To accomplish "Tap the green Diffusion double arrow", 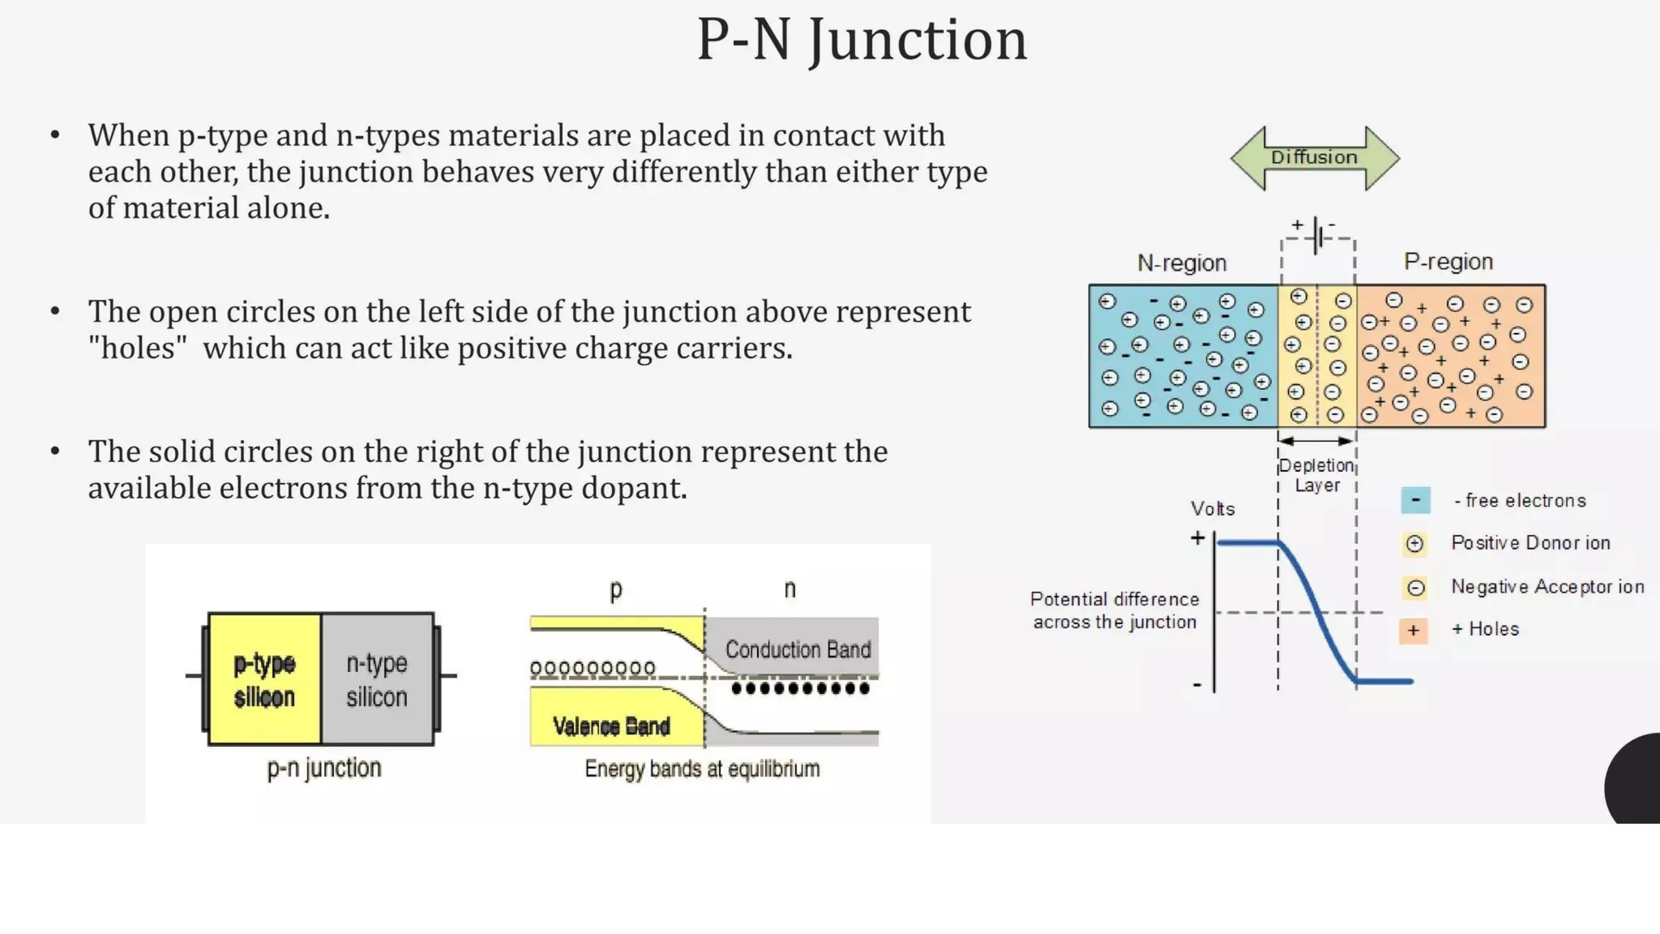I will (x=1314, y=157).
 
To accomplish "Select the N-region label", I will (x=1182, y=263).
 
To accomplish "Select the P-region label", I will (x=1448, y=261).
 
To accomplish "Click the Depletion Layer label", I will (x=1316, y=475).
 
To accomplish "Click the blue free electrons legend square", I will (x=1415, y=500).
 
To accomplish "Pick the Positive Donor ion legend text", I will (x=1530, y=542).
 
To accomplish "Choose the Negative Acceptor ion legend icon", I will (x=1415, y=587).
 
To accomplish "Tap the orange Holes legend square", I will (x=1413, y=630).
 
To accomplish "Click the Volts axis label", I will (x=1213, y=508).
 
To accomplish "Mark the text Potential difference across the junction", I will (x=1115, y=610).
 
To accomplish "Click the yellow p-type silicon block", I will (x=264, y=679).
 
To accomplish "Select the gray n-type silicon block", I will (x=377, y=679).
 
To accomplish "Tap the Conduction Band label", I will (x=798, y=649).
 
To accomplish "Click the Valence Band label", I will (x=611, y=726).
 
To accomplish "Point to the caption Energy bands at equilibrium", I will (x=702, y=768).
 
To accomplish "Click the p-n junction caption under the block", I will (x=324, y=767).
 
